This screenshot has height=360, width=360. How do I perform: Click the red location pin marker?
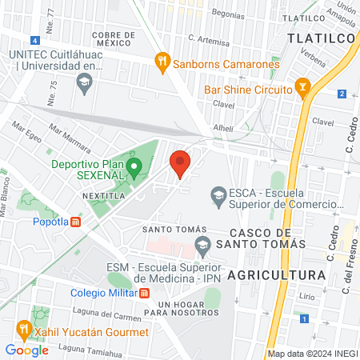pos(180,163)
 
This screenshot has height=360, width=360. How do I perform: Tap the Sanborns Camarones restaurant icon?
pos(162,59)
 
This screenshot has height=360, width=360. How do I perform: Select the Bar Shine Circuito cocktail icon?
pos(302,85)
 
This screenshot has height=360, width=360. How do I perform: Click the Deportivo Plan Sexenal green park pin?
pos(134,168)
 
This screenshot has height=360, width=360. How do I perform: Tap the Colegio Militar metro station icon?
pos(145,292)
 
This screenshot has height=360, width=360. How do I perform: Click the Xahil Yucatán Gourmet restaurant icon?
pos(25,328)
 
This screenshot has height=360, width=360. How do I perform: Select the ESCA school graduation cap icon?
pos(217,193)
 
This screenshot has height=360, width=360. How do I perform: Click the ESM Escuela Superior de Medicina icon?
pos(202,244)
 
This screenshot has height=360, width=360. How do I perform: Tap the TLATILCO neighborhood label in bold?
pos(316,38)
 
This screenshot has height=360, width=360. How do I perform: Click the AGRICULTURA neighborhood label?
pos(276,274)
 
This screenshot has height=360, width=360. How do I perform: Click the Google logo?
pos(26,350)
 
